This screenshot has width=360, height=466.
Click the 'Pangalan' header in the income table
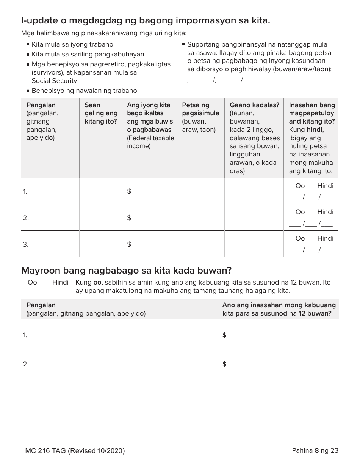click(x=41, y=105)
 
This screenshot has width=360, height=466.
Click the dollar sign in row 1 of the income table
click(x=129, y=191)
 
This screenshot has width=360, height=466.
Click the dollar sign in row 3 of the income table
click(x=129, y=244)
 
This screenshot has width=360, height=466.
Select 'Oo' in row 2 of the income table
click(x=300, y=212)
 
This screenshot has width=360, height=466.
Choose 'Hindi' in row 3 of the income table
click(x=325, y=238)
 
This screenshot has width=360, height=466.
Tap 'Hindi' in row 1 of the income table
click(x=325, y=186)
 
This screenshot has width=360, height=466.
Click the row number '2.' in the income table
click(x=25, y=218)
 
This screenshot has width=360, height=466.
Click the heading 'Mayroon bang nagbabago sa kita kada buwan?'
click(x=126, y=271)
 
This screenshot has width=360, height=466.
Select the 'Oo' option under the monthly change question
click(x=32, y=283)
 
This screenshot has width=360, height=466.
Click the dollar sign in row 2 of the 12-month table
click(x=224, y=364)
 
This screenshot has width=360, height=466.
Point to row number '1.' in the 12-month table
click(x=25, y=335)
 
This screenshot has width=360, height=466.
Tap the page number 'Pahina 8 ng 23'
click(x=315, y=450)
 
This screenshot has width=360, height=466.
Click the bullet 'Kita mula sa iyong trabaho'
click(x=72, y=44)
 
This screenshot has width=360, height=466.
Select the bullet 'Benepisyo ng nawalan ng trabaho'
click(x=84, y=91)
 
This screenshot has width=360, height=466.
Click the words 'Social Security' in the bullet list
click(x=54, y=81)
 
